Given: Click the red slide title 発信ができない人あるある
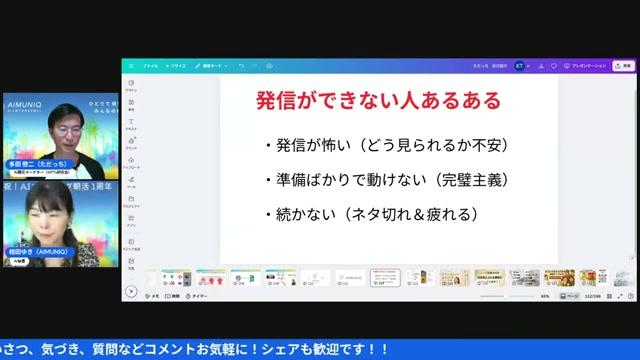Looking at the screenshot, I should point(379,102).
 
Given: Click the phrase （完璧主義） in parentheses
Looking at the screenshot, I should point(456,180).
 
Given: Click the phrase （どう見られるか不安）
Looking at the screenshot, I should point(441,146).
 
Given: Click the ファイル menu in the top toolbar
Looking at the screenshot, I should point(150,65).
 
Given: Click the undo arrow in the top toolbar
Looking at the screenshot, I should point(241,65).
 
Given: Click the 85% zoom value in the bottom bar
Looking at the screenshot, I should point(545,296).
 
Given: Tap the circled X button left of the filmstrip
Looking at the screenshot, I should point(131,292).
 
